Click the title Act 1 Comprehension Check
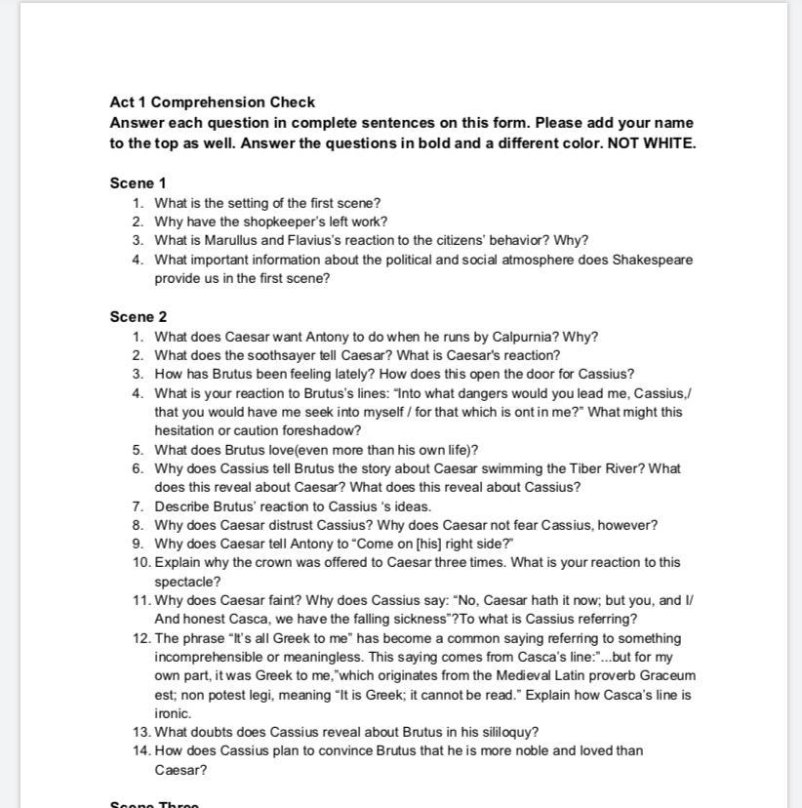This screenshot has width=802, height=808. [213, 102]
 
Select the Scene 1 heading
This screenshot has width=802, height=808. [139, 183]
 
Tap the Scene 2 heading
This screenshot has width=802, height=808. [139, 317]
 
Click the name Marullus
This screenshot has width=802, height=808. [231, 240]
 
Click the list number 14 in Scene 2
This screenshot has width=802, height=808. [141, 750]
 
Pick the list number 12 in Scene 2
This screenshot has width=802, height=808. [141, 638]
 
